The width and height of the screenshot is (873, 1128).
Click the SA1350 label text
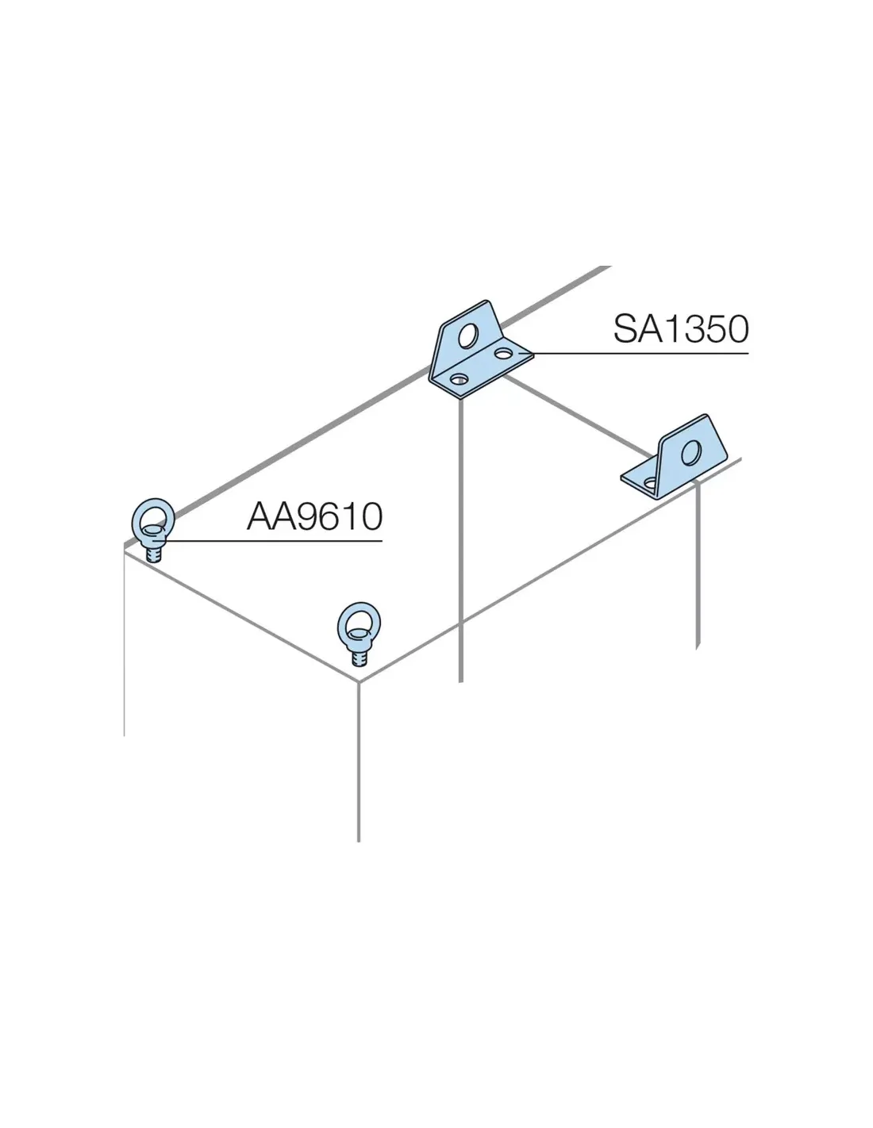click(x=681, y=328)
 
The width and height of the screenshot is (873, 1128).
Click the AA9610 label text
click(x=315, y=517)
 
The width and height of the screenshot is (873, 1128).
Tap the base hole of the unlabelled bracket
click(x=650, y=482)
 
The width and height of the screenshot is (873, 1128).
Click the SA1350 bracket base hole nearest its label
click(x=502, y=350)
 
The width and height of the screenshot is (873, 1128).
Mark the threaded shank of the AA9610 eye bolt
click(x=156, y=551)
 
